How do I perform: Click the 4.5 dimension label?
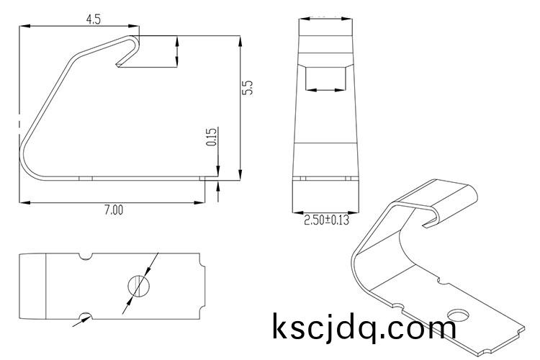[x=94, y=19]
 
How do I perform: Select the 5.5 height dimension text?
[x=248, y=88]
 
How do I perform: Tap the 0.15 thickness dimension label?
[x=212, y=137]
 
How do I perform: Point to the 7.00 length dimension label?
[x=114, y=210]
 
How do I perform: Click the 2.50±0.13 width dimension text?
[x=326, y=220]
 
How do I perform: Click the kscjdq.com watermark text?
[x=364, y=326]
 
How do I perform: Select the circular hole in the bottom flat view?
[x=139, y=286]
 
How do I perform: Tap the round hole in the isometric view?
[x=459, y=315]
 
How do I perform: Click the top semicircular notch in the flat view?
[x=86, y=256]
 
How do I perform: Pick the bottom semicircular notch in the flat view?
[x=86, y=316]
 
